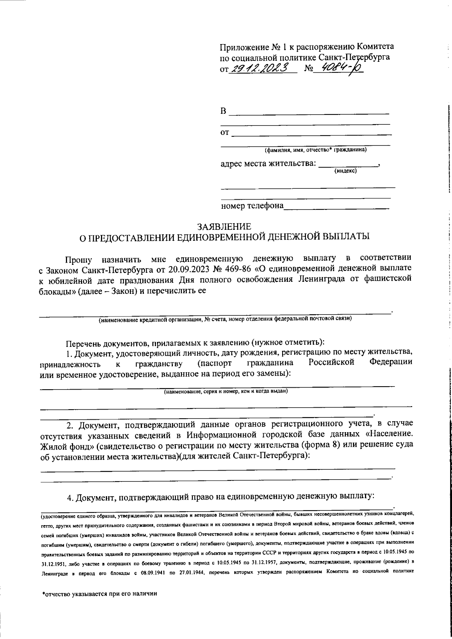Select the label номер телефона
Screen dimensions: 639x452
point(252,206)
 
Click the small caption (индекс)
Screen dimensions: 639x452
point(345,171)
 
